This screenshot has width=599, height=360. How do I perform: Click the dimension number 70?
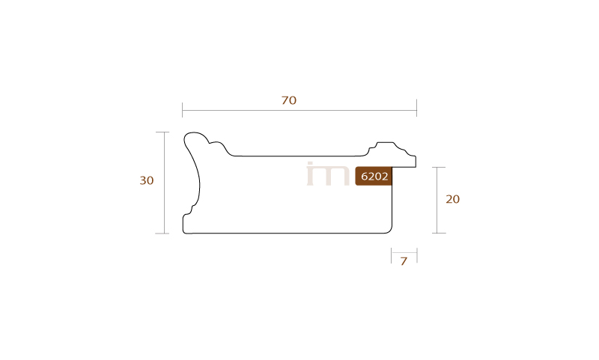[289, 100]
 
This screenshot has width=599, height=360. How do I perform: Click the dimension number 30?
[147, 180]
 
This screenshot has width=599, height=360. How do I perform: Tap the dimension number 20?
[453, 199]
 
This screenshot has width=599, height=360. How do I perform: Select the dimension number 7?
[404, 261]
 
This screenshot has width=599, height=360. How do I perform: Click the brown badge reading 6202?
[374, 176]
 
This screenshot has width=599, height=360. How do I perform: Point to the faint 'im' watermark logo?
[328, 174]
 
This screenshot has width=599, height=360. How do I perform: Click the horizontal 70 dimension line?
[299, 111]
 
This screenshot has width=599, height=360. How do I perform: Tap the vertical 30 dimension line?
[165, 183]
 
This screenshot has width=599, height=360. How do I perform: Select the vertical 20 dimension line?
[438, 200]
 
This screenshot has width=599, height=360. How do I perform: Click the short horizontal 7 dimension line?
[404, 252]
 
